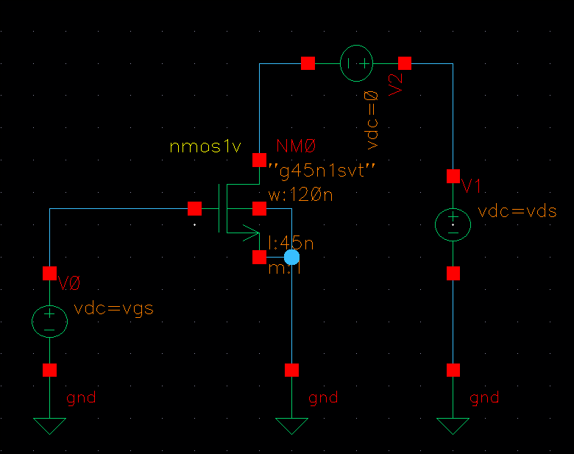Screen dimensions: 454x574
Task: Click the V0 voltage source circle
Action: [x=49, y=321]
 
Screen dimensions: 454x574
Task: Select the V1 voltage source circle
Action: [x=453, y=224]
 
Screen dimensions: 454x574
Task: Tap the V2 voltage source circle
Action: [x=357, y=63]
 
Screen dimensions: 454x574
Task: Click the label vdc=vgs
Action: [x=114, y=308]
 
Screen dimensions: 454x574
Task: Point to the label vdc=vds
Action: [x=517, y=212]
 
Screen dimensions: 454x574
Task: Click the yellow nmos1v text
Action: [x=205, y=146]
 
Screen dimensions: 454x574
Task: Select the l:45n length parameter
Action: [x=291, y=243]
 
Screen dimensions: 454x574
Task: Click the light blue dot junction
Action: [x=292, y=257]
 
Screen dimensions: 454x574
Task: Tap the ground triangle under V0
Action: [x=49, y=425]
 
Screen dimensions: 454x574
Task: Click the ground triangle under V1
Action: [x=453, y=425]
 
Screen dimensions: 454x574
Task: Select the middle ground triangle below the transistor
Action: [x=292, y=425]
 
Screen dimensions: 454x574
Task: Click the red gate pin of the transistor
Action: [x=194, y=208]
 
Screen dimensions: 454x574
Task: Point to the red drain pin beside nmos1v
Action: [x=259, y=159]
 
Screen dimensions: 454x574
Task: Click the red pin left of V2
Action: [x=308, y=63]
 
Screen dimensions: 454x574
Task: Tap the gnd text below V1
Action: [x=484, y=398]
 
